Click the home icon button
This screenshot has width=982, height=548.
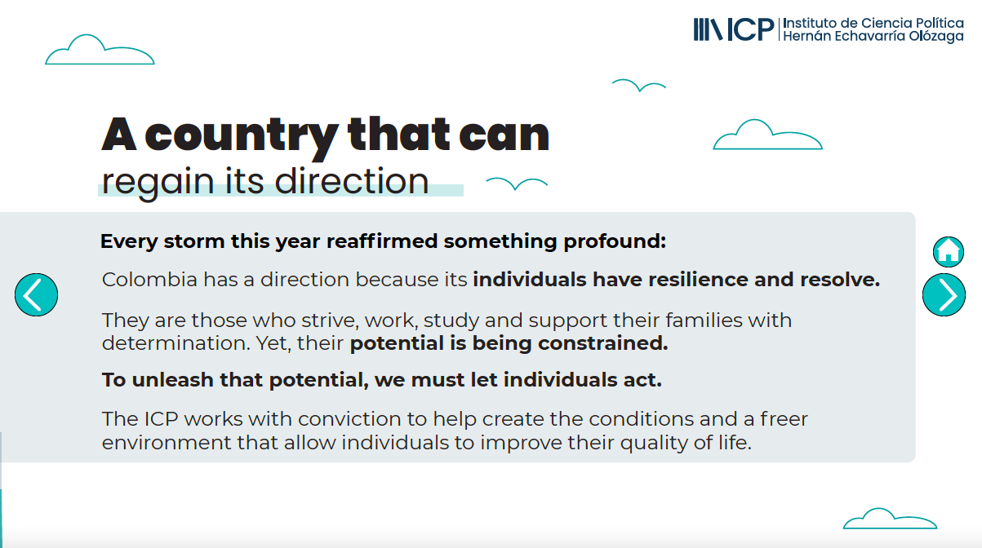click(949, 252)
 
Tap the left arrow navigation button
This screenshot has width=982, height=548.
click(37, 295)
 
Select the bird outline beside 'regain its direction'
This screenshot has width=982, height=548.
click(517, 184)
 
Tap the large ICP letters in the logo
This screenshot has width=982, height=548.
click(750, 30)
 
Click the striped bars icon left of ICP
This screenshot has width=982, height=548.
click(708, 30)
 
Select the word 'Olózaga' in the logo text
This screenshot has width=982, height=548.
click(936, 37)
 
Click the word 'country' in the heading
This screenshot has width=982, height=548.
click(242, 136)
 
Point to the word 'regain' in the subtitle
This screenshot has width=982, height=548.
click(158, 182)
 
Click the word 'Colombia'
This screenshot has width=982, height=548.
click(149, 280)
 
